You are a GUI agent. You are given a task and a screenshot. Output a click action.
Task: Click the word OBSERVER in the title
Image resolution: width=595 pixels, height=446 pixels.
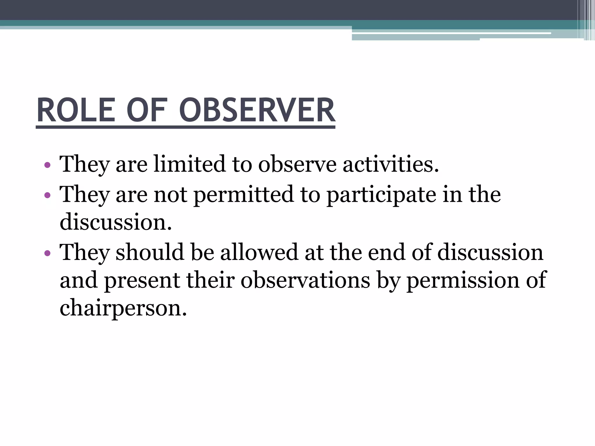click(257, 111)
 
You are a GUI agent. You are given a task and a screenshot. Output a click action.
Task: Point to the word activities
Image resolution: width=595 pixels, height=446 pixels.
click(391, 164)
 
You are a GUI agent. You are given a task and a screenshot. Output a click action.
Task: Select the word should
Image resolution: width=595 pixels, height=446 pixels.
click(150, 252)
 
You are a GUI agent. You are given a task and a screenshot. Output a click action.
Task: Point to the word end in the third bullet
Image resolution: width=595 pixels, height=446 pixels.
click(386, 252)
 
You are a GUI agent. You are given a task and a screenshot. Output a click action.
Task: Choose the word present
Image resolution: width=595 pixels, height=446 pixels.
click(142, 281)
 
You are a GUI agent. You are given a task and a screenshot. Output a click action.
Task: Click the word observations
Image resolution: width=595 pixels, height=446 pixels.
click(305, 280)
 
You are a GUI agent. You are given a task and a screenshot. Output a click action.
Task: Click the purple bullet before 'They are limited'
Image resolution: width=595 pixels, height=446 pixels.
click(47, 166)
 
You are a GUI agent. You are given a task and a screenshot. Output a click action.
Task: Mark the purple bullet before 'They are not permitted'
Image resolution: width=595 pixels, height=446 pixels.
click(47, 195)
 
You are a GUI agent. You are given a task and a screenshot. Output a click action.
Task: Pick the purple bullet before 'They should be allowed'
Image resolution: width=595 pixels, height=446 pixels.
click(47, 253)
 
